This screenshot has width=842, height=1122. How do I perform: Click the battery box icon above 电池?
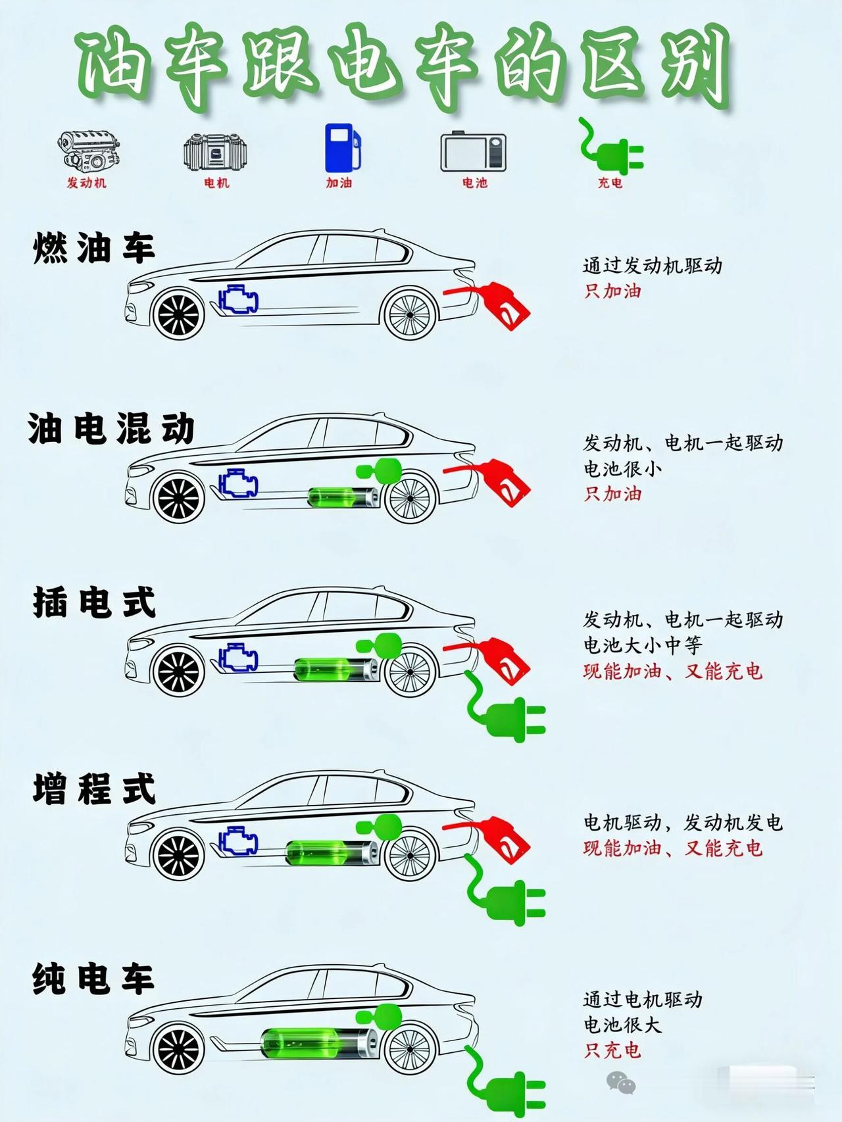pyautogui.click(x=473, y=152)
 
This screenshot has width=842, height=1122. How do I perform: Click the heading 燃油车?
pyautogui.click(x=93, y=248)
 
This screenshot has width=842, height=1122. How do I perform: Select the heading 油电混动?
pyautogui.click(x=111, y=429)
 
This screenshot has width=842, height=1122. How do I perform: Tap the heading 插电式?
pyautogui.click(x=94, y=602)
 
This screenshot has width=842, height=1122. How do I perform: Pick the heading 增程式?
pyautogui.click(x=94, y=789)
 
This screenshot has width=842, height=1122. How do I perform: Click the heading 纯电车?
pyautogui.click(x=93, y=979)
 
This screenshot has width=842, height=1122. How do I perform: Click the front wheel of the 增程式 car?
pyautogui.click(x=178, y=854)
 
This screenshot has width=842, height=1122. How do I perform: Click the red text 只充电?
pyautogui.click(x=612, y=1050)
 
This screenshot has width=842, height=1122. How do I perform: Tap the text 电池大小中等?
pyautogui.click(x=643, y=645)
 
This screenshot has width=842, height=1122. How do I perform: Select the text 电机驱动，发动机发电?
pyautogui.click(x=683, y=823)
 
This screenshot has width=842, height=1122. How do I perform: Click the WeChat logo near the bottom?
pyautogui.click(x=621, y=1081)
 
